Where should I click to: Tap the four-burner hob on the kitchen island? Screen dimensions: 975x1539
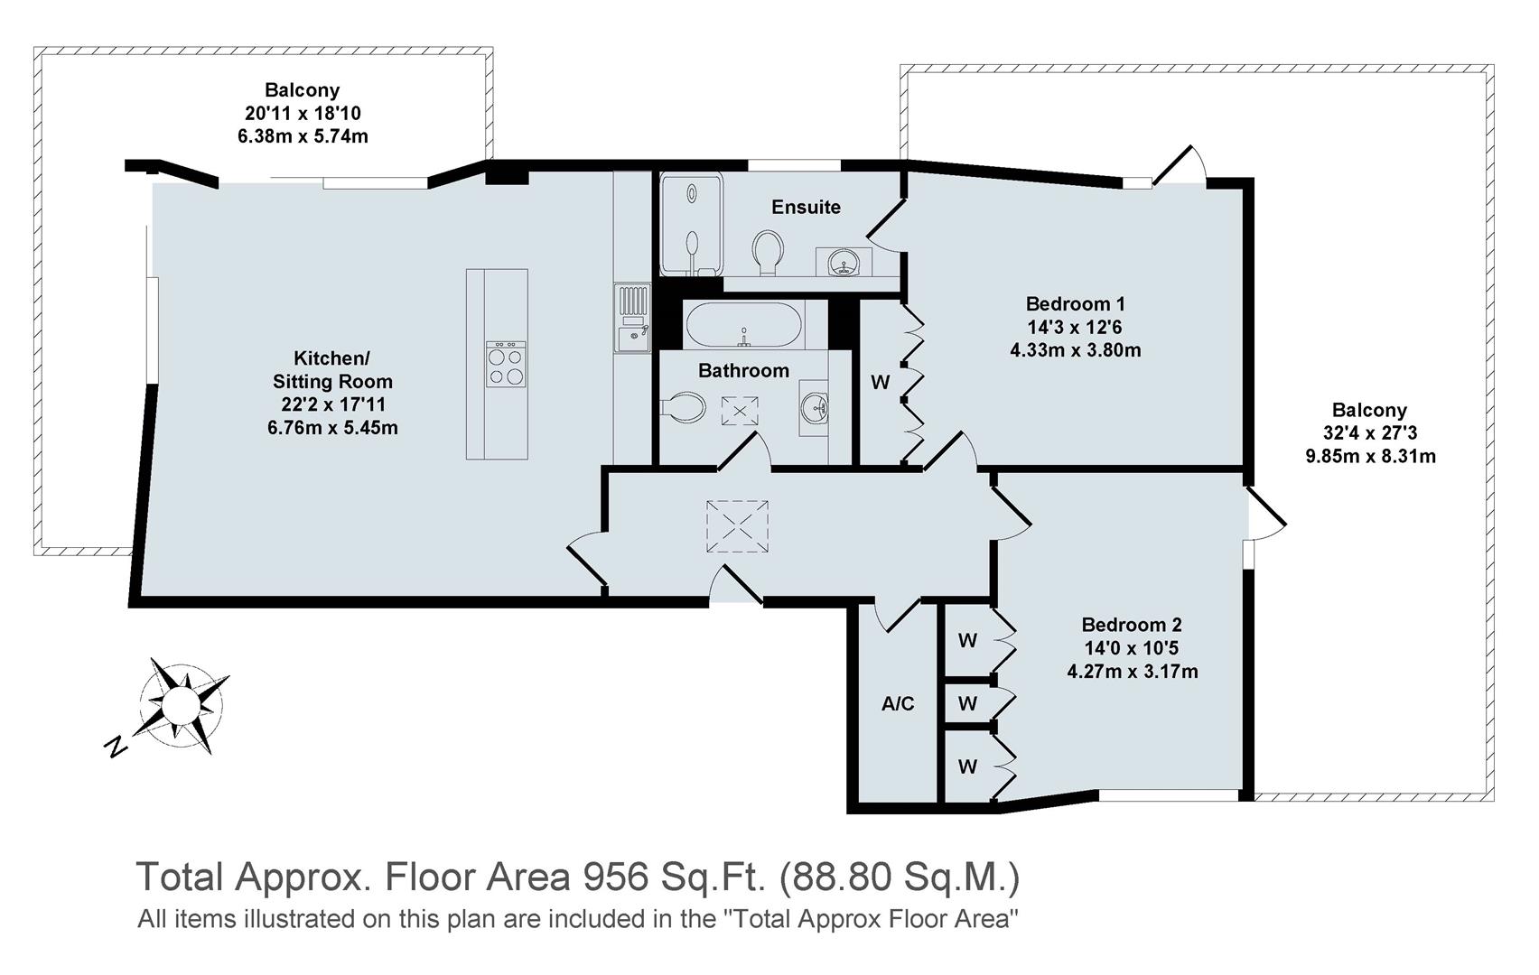(506, 365)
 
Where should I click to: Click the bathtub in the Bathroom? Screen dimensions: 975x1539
(743, 325)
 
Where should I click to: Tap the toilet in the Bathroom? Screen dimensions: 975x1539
(684, 407)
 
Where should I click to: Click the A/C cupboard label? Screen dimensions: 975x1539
(898, 703)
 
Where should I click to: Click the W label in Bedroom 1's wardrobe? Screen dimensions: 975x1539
(880, 382)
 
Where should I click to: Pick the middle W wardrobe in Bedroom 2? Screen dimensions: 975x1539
(967, 703)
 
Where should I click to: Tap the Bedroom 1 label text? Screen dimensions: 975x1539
(1075, 303)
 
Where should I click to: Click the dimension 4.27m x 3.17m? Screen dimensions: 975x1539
(1132, 672)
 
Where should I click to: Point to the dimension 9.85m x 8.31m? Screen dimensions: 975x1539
(1370, 456)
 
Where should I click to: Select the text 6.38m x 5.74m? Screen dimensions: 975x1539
(302, 136)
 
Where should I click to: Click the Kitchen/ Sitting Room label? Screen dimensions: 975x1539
(332, 369)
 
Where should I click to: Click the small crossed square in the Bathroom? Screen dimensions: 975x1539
(740, 411)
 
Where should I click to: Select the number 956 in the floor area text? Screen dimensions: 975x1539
(615, 876)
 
